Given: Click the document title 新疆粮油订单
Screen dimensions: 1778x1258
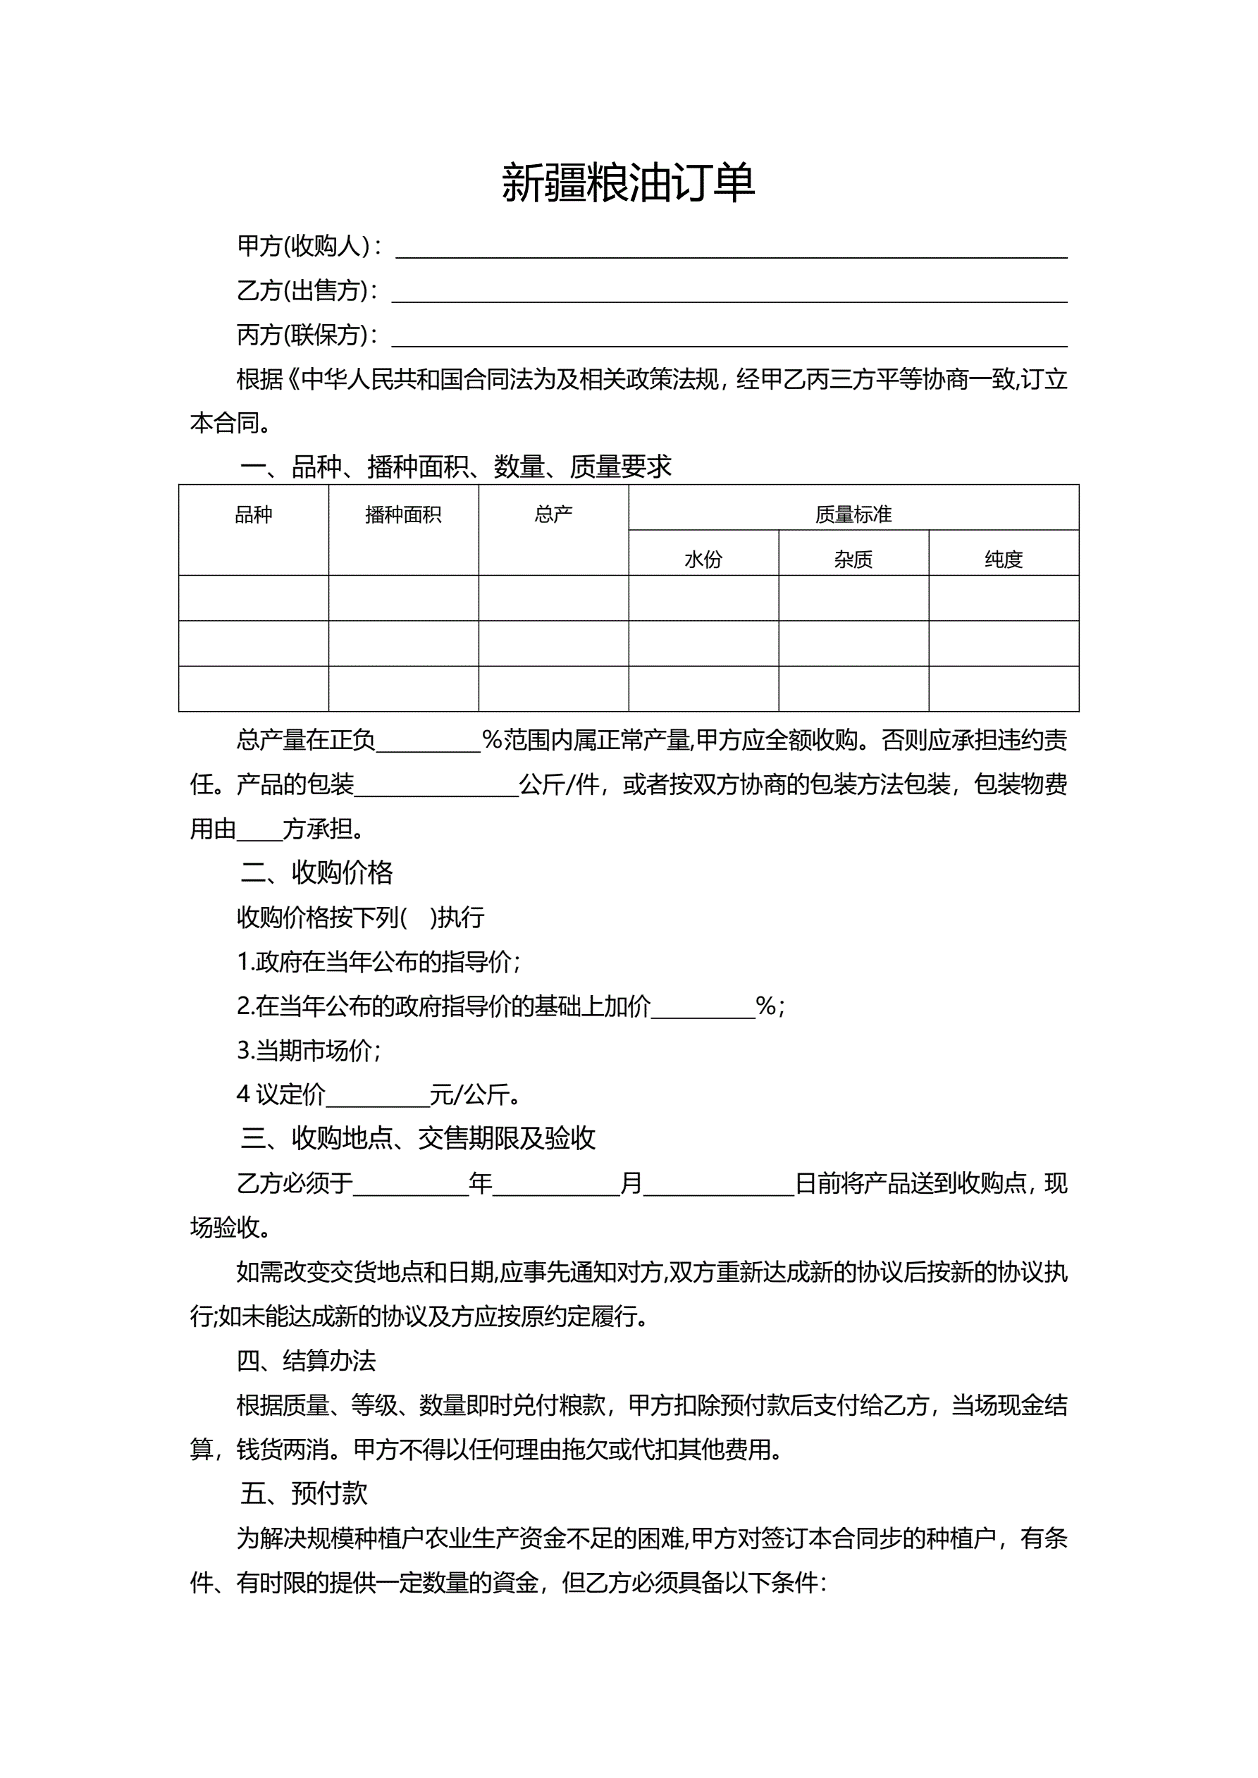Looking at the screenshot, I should (x=628, y=183).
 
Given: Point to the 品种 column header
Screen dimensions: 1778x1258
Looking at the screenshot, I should (x=253, y=515).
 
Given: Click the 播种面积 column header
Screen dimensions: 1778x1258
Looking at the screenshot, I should (x=403, y=515).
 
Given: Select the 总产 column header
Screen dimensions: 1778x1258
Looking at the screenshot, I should (x=553, y=515).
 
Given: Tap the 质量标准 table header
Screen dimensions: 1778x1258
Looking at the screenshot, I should (x=853, y=515).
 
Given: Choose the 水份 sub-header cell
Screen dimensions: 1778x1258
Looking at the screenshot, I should (x=703, y=559).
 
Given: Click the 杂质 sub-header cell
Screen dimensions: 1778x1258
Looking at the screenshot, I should (x=853, y=559).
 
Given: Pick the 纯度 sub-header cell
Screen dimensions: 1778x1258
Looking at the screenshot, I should (x=1003, y=559).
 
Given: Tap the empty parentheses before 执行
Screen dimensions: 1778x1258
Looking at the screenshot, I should (x=419, y=918).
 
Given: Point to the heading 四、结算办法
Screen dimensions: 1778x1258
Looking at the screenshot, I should (x=306, y=1361).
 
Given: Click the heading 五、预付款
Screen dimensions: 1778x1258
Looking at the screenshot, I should (x=303, y=1494).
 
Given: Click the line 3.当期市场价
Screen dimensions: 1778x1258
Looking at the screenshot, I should (x=307, y=1051).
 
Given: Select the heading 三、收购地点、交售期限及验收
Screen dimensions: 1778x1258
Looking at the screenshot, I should (x=417, y=1138).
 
